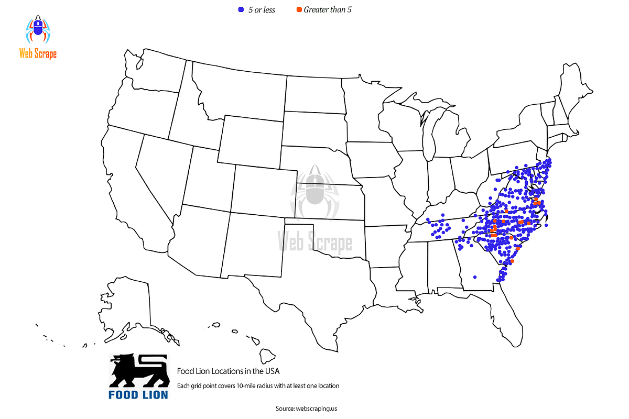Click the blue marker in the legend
241,9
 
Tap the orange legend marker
299,9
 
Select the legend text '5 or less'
262,10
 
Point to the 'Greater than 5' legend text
328,10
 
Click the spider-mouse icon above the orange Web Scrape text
38,30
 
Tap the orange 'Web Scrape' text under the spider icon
38,53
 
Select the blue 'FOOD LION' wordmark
138,394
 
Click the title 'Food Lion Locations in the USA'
228,371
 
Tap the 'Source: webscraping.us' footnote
310,408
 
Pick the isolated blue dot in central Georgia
475,277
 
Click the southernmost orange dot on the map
512,261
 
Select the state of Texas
314,272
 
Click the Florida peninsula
511,314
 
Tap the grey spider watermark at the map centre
314,191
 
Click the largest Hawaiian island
268,356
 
